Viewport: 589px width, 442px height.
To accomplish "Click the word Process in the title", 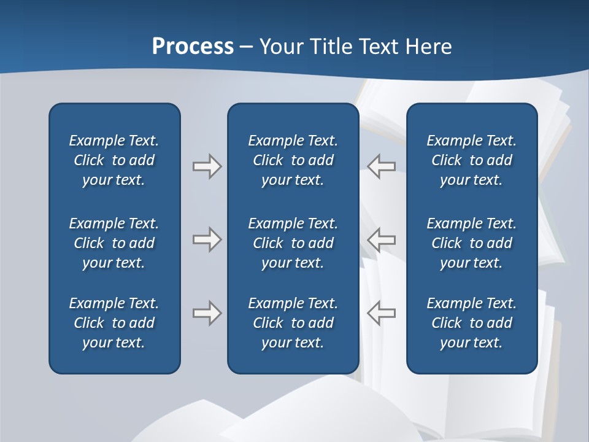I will pos(193,47).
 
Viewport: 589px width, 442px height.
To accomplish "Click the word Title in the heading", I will pos(331,47).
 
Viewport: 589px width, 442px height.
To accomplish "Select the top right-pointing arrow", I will pos(207,166).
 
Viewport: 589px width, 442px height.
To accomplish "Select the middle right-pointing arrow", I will pos(207,239).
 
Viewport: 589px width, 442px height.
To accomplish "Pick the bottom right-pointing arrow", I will pos(207,313).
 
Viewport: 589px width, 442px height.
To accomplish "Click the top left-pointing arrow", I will pos(382,166).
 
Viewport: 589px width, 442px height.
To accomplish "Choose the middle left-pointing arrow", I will pos(382,239).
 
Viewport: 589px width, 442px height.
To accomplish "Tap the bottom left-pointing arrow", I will pos(382,313).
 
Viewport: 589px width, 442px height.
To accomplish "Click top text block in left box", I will pos(114,160).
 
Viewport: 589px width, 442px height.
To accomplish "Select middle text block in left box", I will pos(114,243).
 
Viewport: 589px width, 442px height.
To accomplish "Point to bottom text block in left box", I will pos(114,323).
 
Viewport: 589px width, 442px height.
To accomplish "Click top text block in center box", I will pos(293,160).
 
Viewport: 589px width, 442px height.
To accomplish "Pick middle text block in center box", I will pos(293,243).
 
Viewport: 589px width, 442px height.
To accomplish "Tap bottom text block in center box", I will pos(293,323).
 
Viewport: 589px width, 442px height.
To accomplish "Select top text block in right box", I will pos(472,160).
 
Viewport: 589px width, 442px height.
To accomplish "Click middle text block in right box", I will pos(472,243).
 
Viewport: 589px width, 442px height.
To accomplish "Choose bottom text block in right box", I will pos(472,323).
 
